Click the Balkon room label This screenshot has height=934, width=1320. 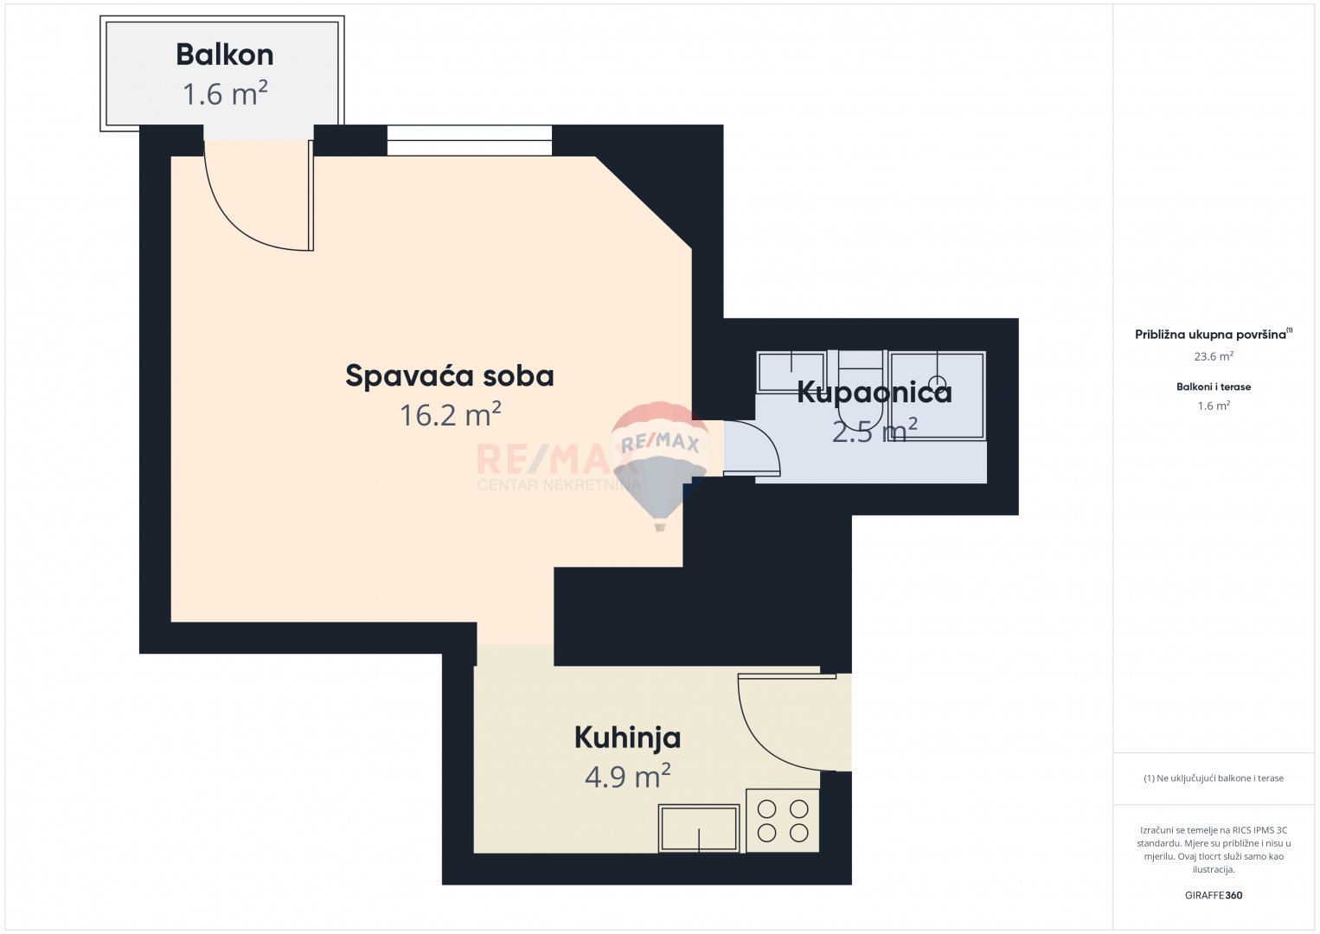click(225, 54)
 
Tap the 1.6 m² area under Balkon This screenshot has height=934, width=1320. click(225, 93)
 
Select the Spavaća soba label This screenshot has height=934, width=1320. click(450, 375)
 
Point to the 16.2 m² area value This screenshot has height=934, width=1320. click(450, 415)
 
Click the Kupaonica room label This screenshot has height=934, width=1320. click(874, 392)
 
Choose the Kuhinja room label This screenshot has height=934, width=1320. click(627, 738)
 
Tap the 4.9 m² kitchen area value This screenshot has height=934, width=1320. click(627, 777)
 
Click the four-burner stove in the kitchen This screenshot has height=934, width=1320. click(783, 821)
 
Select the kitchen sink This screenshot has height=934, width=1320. click(699, 828)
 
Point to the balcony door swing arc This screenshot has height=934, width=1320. click(251, 208)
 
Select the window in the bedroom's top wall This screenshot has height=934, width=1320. click(469, 140)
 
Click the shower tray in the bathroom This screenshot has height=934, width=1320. click(937, 395)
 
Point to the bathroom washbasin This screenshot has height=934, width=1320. click(790, 372)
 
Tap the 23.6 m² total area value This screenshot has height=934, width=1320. click(1214, 356)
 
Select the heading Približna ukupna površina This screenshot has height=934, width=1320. click(1211, 335)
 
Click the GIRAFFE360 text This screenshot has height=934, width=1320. click(1214, 895)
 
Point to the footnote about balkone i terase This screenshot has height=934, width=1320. click(1214, 778)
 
